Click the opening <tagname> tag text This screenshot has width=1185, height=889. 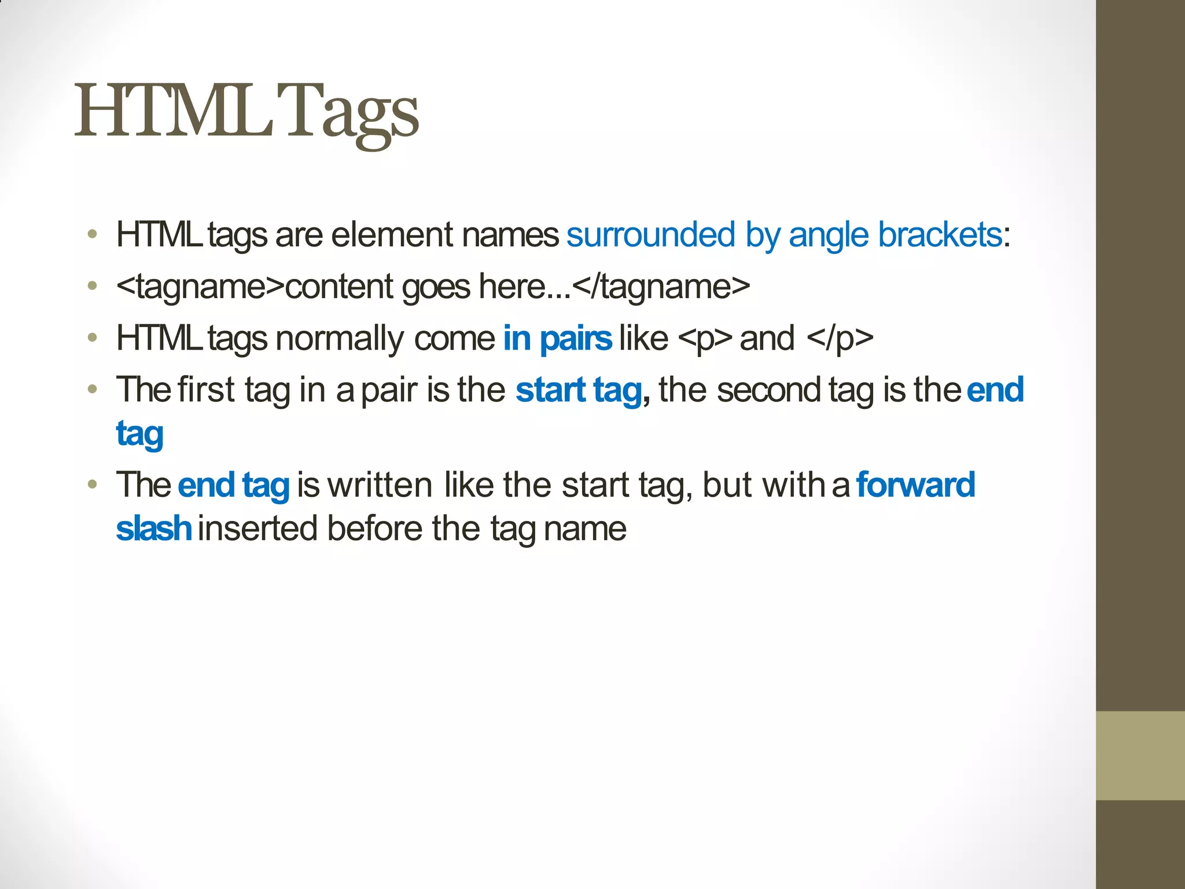pyautogui.click(x=200, y=287)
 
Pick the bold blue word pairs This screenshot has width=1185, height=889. pyautogui.click(x=576, y=339)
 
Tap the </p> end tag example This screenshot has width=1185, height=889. pyautogui.click(x=840, y=339)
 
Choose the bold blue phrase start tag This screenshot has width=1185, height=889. pyautogui.click(x=579, y=390)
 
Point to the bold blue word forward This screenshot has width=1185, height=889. pyautogui.click(x=915, y=484)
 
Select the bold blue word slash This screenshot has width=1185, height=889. pyautogui.click(x=153, y=528)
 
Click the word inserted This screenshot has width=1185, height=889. pyautogui.click(x=258, y=528)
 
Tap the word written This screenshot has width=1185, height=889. pyautogui.click(x=380, y=484)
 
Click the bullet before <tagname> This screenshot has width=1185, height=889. pyautogui.click(x=92, y=286)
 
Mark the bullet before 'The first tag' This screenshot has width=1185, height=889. pyautogui.click(x=92, y=389)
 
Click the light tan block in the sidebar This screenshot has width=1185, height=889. pyautogui.click(x=1140, y=755)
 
